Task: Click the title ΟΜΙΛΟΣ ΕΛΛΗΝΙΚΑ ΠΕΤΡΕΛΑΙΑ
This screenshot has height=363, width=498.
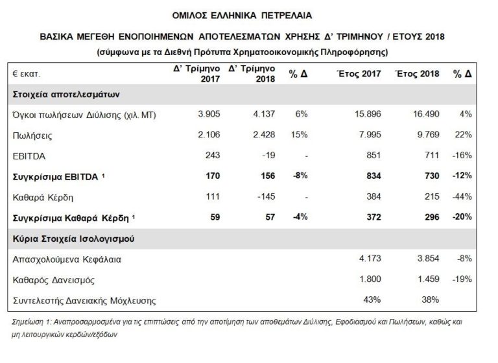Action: [248, 12]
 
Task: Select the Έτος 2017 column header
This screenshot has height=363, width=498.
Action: [353, 74]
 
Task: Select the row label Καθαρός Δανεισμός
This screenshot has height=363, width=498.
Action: [56, 279]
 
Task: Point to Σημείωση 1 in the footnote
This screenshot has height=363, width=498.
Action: [32, 322]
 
